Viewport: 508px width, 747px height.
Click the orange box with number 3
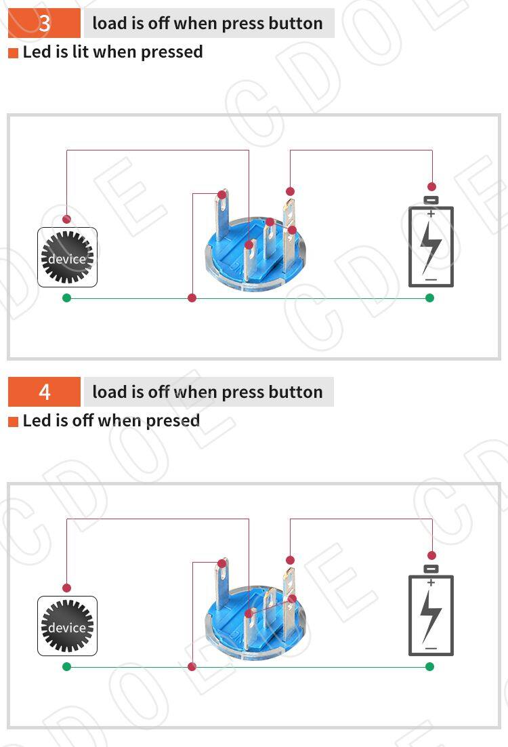click(x=44, y=23)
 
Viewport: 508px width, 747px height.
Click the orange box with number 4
click(x=44, y=392)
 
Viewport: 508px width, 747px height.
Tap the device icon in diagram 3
click(x=67, y=258)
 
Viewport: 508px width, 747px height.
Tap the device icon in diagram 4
click(x=67, y=626)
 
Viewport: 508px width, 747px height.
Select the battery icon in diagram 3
click(x=431, y=241)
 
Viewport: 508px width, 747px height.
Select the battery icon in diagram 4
click(x=431, y=610)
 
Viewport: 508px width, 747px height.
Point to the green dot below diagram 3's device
click(x=66, y=298)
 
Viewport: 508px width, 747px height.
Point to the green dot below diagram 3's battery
click(x=429, y=298)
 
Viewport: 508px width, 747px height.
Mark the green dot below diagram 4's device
click(x=66, y=666)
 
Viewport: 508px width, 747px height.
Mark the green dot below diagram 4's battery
click(x=429, y=666)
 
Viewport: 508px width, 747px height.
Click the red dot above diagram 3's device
click(x=66, y=219)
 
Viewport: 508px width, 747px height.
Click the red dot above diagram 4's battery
click(x=432, y=555)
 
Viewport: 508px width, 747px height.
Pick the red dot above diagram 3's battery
click(x=432, y=186)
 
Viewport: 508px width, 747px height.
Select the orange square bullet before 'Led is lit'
click(x=14, y=52)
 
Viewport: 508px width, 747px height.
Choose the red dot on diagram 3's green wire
click(x=192, y=298)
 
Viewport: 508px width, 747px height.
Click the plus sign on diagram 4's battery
click(x=431, y=582)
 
